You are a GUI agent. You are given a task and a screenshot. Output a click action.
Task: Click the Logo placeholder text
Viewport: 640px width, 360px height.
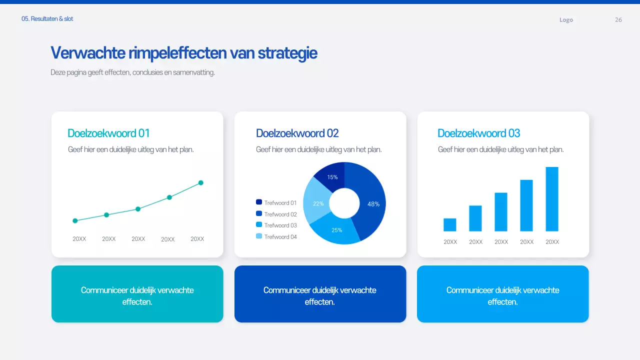point(566,20)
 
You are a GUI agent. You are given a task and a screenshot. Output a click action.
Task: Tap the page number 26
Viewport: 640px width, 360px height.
point(618,20)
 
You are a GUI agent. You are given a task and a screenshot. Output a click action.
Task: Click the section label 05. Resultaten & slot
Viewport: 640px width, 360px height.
point(47,19)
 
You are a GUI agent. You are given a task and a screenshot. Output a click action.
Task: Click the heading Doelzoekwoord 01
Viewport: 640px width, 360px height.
point(108,133)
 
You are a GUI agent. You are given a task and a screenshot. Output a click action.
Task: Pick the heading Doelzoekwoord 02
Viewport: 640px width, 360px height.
point(297,133)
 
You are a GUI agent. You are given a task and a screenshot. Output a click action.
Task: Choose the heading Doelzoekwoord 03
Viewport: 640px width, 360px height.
point(478,133)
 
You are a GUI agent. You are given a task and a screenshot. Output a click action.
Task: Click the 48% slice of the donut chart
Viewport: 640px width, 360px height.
point(372,203)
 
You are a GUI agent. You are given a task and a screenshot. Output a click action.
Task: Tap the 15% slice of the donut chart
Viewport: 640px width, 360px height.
point(331,176)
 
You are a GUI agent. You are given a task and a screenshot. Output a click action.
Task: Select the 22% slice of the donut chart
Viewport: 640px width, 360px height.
point(317,203)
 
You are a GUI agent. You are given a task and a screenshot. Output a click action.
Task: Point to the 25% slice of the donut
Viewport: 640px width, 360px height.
point(336,230)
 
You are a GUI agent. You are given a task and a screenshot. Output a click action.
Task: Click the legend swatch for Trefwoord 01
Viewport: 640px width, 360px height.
point(259,202)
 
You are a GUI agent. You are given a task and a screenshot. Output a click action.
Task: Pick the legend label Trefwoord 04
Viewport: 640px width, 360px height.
point(280,236)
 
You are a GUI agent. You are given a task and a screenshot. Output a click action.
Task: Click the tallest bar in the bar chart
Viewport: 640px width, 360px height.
point(552,199)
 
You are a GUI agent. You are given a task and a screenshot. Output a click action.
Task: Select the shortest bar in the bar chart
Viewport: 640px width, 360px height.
point(450,224)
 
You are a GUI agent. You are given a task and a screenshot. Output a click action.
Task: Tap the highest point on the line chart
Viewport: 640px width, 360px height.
point(201,183)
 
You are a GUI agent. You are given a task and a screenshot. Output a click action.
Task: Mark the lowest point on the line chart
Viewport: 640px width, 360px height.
point(75,220)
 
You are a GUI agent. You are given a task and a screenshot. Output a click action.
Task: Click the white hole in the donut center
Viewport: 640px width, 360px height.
point(344,203)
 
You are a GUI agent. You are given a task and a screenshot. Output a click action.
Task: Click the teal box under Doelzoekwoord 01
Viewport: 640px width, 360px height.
point(137,294)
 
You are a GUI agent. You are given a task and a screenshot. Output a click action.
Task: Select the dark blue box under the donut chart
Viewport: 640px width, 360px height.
point(320,294)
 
